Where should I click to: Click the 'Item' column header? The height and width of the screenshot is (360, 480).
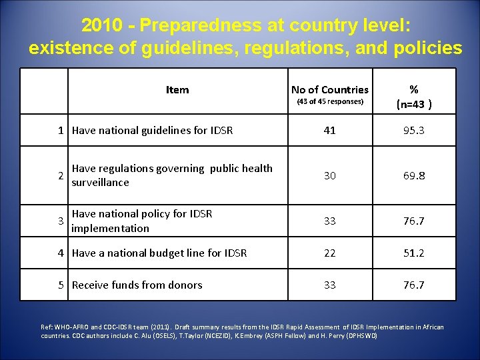coord(177,90)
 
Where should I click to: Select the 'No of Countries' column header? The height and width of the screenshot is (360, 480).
coord(329,90)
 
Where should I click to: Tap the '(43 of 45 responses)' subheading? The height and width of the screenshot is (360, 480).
coord(329,102)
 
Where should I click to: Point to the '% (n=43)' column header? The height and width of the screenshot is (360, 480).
coord(413,96)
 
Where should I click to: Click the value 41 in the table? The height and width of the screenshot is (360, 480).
coord(329,131)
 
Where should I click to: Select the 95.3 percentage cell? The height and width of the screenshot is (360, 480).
coord(413,131)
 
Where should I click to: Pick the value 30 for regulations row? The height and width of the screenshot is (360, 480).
coord(329,175)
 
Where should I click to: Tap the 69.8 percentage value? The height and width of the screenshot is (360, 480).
coord(413,175)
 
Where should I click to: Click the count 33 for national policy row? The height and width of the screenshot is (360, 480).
coord(329,221)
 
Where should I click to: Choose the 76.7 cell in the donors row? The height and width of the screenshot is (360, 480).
coord(413,285)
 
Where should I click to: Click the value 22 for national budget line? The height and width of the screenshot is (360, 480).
coord(329,253)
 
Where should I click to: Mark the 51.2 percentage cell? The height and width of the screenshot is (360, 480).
coord(413,253)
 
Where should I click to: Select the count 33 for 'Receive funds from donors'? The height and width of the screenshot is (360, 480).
coord(329,285)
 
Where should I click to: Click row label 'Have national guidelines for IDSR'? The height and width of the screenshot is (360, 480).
coord(152,131)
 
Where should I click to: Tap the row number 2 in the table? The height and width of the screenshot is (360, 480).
coord(61,175)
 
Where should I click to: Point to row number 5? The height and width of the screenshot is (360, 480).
coord(61,285)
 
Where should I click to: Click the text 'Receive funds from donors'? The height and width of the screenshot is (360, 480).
coord(137,285)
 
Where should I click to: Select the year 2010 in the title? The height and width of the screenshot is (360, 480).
coord(101,25)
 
